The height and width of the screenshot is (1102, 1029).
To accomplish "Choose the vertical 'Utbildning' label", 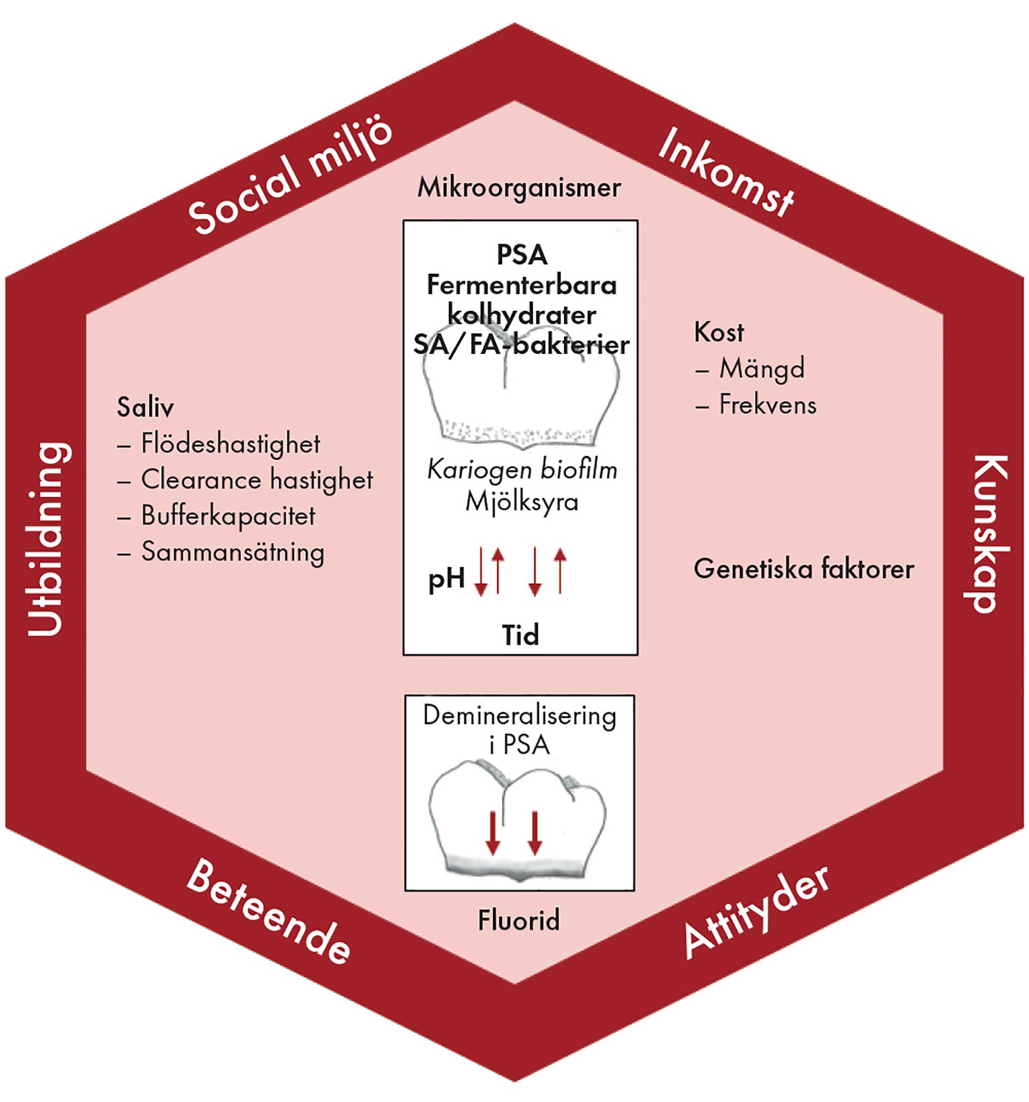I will point(50,538).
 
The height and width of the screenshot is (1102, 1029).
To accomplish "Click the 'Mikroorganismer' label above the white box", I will point(519,188).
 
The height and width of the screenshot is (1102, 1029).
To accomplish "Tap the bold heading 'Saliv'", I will point(145,408).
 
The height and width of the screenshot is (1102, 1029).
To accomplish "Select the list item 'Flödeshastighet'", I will point(230,444).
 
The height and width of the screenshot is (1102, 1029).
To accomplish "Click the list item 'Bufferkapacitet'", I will point(228,516).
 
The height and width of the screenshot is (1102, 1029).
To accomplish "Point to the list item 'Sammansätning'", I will point(232,552).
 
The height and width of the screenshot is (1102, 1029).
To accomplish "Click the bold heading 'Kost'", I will point(719,333).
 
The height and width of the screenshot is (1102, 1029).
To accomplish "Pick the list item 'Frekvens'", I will point(767,405).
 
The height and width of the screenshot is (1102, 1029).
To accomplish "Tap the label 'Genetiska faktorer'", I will point(803,569).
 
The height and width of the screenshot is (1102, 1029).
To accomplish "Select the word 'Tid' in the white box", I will point(520,635).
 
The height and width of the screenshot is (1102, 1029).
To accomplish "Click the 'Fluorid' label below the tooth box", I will point(519,921).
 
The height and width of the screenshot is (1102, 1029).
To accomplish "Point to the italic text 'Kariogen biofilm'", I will point(521,471).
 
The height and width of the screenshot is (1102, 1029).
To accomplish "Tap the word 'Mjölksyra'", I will point(521,502).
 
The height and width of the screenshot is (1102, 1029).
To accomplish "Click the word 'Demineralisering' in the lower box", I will point(519,716).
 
